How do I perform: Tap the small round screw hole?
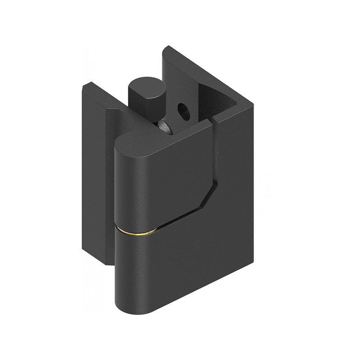coord(183,110)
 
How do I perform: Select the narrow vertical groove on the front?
coord(216,153)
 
